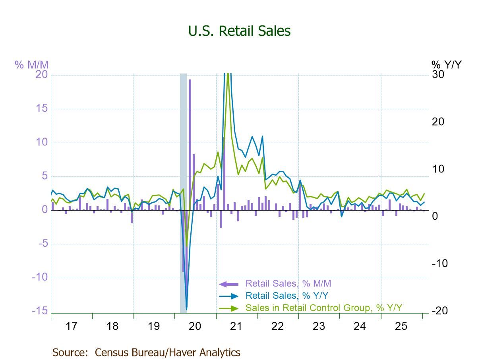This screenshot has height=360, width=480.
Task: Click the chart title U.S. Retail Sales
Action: click(x=240, y=31)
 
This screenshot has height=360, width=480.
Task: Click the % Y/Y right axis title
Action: click(x=447, y=64)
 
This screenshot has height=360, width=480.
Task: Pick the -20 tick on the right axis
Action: click(x=439, y=311)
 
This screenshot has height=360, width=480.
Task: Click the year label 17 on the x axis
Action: click(x=71, y=327)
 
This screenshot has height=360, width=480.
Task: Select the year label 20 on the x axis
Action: click(x=195, y=327)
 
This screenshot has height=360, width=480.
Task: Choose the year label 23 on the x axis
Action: click(x=319, y=327)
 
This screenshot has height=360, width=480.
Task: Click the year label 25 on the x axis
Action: click(x=401, y=327)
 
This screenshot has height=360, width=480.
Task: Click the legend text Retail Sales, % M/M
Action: click(x=288, y=284)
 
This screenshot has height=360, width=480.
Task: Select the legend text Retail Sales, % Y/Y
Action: click(x=287, y=296)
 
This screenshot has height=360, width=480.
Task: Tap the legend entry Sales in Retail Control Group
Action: click(x=324, y=308)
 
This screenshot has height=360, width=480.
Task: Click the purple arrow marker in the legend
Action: click(x=228, y=284)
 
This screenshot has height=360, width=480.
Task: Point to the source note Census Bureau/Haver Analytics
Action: click(x=146, y=352)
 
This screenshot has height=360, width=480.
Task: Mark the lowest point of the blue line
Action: click(x=186, y=309)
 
